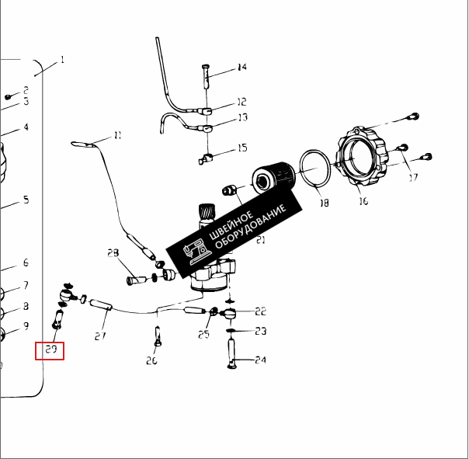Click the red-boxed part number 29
(x=51, y=350)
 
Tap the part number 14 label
(x=241, y=68)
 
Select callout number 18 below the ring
(x=324, y=203)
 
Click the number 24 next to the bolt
(x=260, y=360)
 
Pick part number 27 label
(x=100, y=336)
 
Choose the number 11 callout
(x=117, y=135)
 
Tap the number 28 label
(x=113, y=253)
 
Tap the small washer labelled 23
(x=231, y=331)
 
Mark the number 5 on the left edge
(x=26, y=200)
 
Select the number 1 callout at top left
(x=62, y=59)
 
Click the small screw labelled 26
(x=157, y=336)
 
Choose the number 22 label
(x=260, y=311)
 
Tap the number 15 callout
(x=241, y=148)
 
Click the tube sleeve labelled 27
(x=103, y=305)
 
